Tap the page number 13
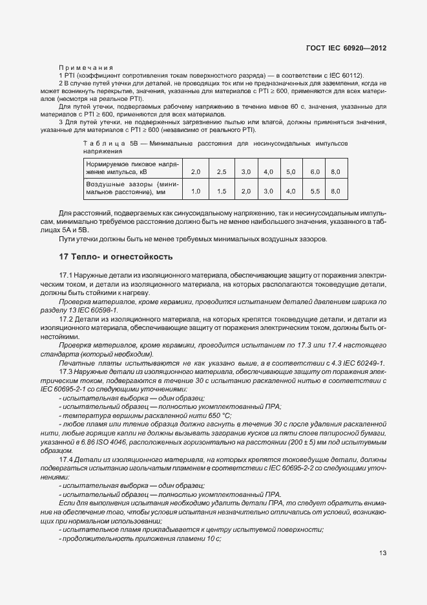(382, 553)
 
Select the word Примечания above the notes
(85, 67)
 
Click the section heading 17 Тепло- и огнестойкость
(115, 257)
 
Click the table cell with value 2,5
(221, 171)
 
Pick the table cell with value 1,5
(221, 192)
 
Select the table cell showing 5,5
(315, 192)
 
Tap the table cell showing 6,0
(315, 171)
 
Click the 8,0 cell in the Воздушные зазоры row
(335, 192)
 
